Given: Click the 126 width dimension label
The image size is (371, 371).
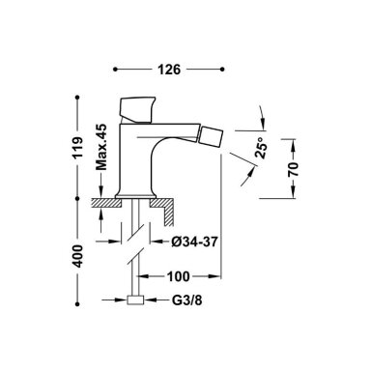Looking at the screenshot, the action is [x=169, y=70].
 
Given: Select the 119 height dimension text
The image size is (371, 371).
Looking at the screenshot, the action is [x=77, y=147].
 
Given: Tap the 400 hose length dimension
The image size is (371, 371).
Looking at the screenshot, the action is [x=77, y=256].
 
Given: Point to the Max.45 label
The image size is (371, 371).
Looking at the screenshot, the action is [x=101, y=147].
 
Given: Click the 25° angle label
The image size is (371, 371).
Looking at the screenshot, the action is [x=262, y=148].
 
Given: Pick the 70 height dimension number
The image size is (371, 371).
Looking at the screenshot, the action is [x=294, y=169].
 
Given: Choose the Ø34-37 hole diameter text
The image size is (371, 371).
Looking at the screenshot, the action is [x=195, y=241].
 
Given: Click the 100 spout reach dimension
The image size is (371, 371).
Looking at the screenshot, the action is [x=178, y=276].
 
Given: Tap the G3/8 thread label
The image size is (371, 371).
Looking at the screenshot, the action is [x=187, y=300].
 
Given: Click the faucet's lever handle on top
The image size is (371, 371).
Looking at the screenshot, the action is [x=137, y=109].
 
